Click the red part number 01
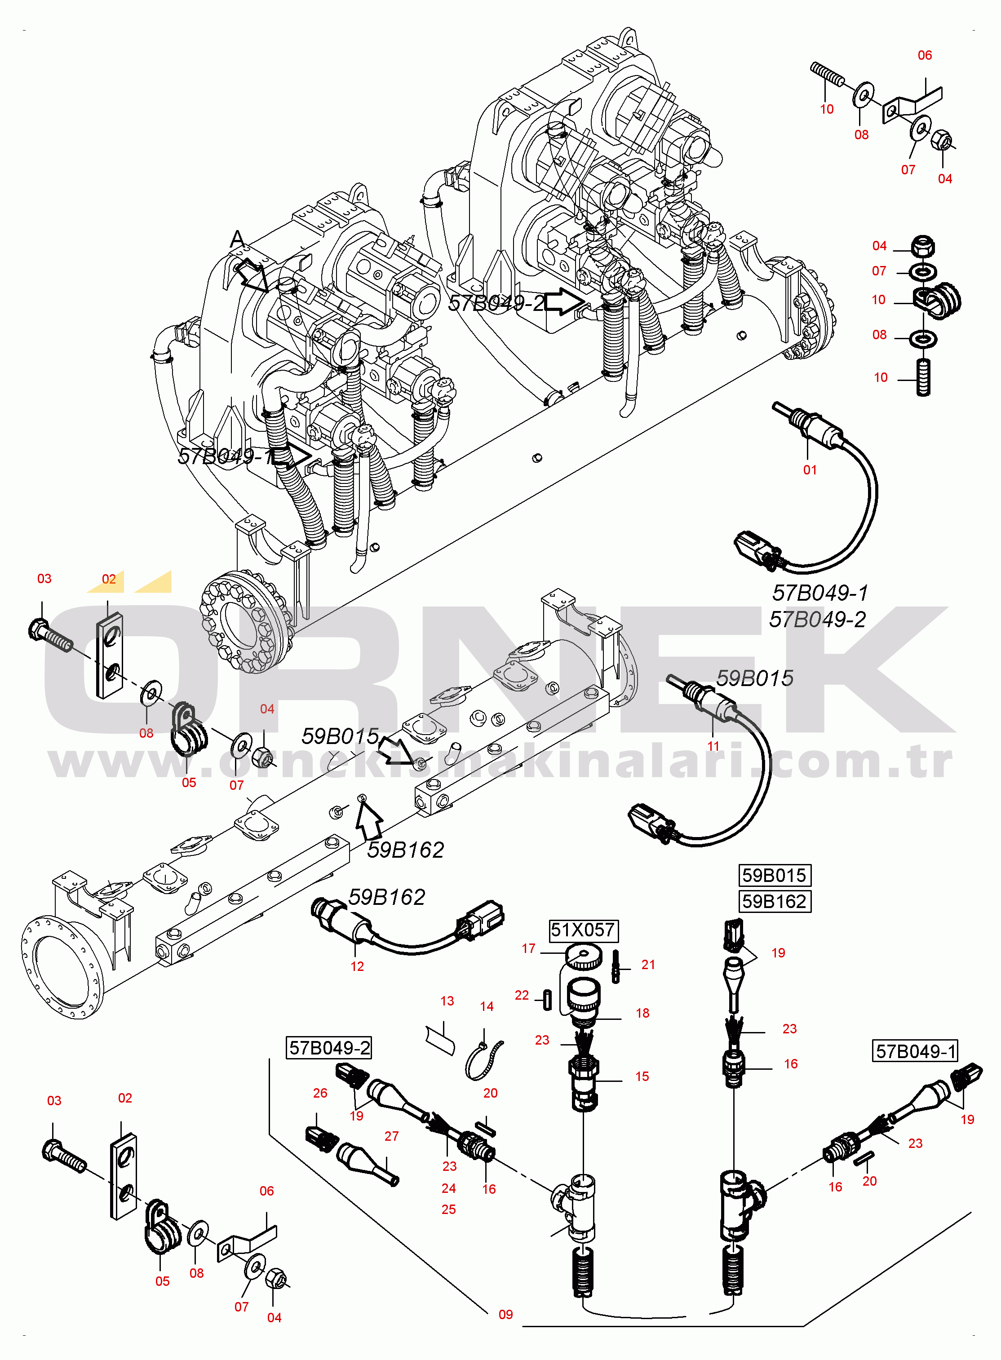coord(810,470)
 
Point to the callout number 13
coord(447,1001)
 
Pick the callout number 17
coord(528,948)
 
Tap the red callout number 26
coord(320,1093)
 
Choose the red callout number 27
coord(391,1136)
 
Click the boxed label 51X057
coord(583,930)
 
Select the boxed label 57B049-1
coord(915,1051)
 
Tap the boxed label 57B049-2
coord(329,1047)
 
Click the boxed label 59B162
coord(775,901)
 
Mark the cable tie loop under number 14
coord(483,1060)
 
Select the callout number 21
coord(648,965)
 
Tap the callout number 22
coord(522,995)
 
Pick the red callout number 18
coord(642,1013)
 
